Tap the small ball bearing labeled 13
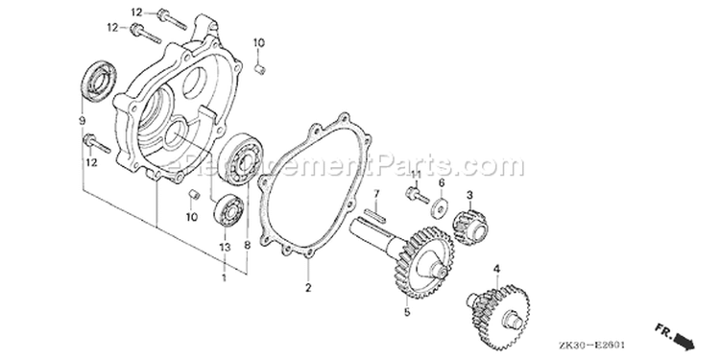pyautogui.click(x=229, y=210)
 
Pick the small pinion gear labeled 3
pyautogui.click(x=470, y=224)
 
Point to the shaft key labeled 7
pyautogui.click(x=375, y=213)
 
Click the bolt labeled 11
pyautogui.click(x=417, y=195)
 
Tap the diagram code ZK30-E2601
pyautogui.click(x=592, y=345)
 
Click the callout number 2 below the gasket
pyautogui.click(x=308, y=288)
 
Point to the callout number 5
pyautogui.click(x=407, y=312)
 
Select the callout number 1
pyautogui.click(x=224, y=277)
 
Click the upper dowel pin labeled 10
pyautogui.click(x=260, y=70)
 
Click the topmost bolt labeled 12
pyautogui.click(x=172, y=19)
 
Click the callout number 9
pyautogui.click(x=83, y=121)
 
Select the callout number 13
pyautogui.click(x=224, y=248)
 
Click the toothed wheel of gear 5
pyautogui.click(x=423, y=264)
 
